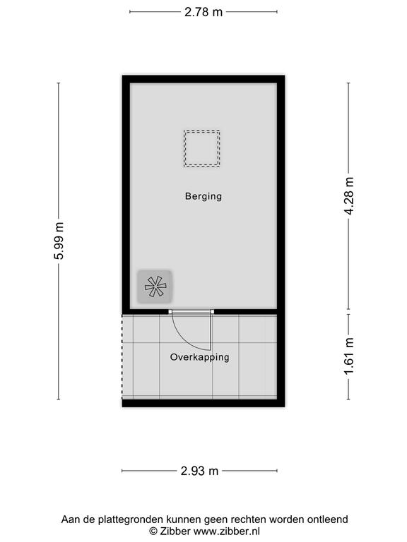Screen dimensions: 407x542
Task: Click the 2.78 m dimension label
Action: click(x=203, y=12)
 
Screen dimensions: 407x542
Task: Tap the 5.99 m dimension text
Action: click(x=59, y=241)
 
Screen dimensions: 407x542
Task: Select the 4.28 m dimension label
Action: click(x=349, y=196)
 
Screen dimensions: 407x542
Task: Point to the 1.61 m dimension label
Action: click(x=349, y=356)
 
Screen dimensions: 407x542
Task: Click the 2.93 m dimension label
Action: click(x=199, y=471)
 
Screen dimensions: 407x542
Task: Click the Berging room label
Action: click(x=203, y=197)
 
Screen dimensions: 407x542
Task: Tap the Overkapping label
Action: click(x=200, y=357)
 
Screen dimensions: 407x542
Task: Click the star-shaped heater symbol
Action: click(x=155, y=287)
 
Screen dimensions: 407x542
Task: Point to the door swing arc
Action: click(x=183, y=339)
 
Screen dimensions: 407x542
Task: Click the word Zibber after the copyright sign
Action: click(x=175, y=531)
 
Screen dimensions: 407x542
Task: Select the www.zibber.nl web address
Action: click(x=227, y=531)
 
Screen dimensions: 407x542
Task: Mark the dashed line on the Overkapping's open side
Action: click(x=122, y=356)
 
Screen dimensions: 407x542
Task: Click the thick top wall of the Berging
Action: click(x=203, y=79)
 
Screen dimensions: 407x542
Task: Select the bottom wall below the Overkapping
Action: click(x=203, y=403)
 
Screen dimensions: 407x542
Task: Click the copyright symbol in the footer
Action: click(x=153, y=531)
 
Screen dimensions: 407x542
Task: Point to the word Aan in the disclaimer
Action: click(x=70, y=519)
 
